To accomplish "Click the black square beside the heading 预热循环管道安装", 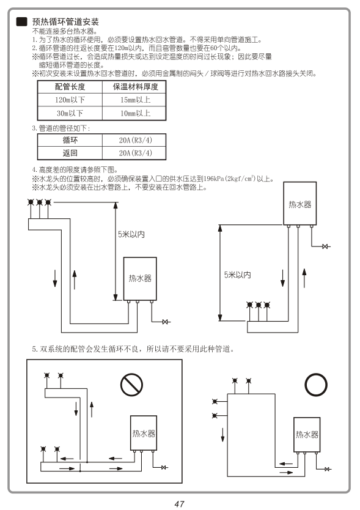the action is point(22,22).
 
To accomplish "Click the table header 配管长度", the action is point(70,87).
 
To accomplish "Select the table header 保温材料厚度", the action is point(135,87).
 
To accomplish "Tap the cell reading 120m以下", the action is point(70,100).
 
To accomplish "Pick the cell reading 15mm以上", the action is point(135,100).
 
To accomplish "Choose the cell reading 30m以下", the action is point(70,113).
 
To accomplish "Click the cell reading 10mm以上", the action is point(135,113).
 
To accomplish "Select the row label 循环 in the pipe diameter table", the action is point(70,140).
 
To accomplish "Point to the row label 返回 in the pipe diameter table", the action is point(70,153).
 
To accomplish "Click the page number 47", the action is point(180,504).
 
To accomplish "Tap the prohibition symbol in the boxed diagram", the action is point(131,385).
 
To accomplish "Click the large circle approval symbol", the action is point(316,385).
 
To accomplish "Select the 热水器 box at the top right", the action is point(300,204).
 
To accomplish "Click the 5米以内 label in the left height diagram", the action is point(131,234).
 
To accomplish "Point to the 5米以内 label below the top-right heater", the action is point(237,275).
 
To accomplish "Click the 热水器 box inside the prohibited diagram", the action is point(144,433).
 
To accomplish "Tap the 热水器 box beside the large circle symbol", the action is point(307,435).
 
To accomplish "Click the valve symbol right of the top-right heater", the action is point(326,246).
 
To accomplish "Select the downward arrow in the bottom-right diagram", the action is point(222,435).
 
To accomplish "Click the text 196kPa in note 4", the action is point(214,179).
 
